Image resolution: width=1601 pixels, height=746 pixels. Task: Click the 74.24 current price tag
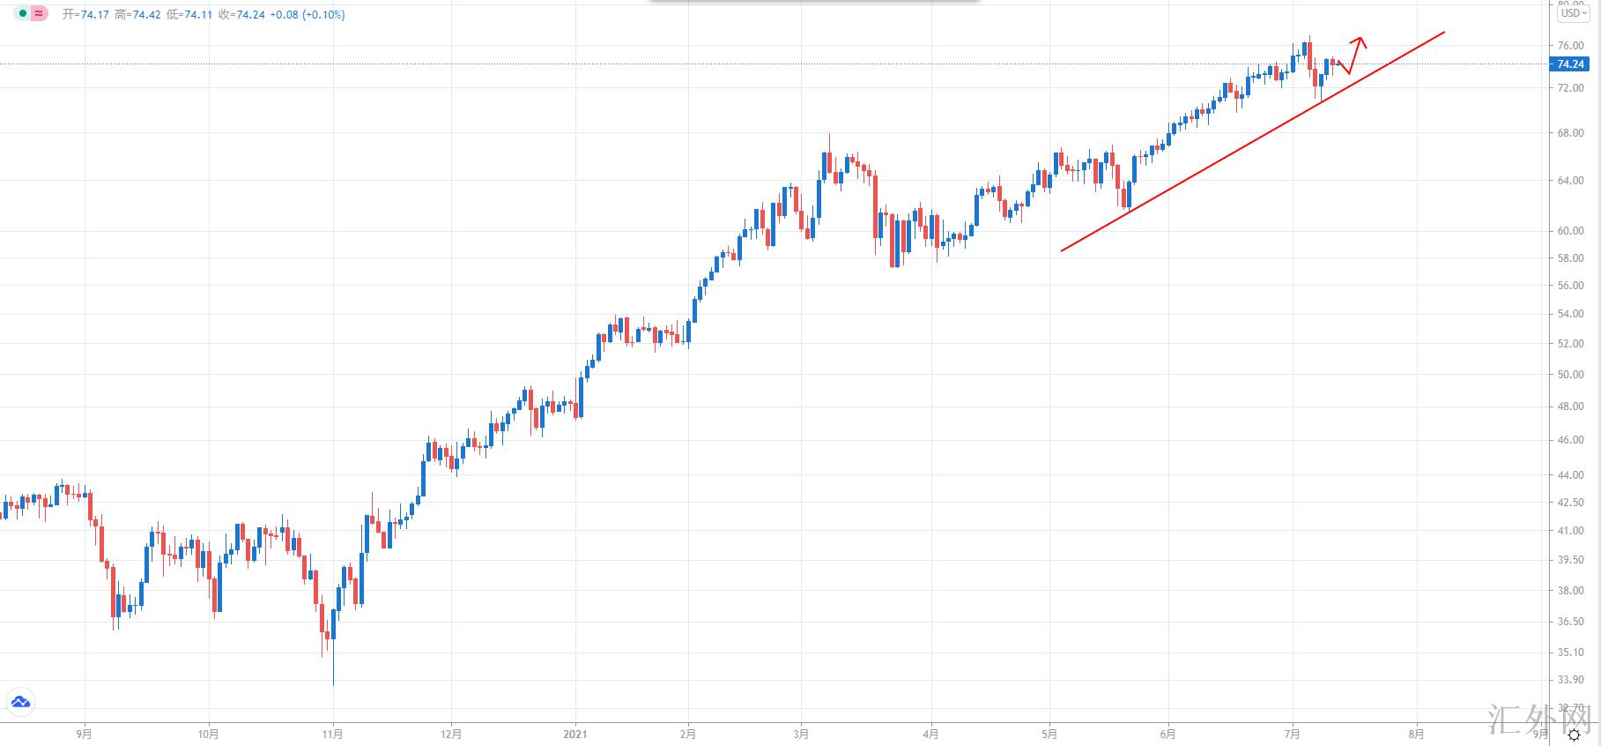[x=1570, y=64]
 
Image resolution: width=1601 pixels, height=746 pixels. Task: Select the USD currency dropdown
[x=1573, y=13]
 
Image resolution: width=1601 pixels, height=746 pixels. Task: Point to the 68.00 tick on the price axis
[x=1570, y=133]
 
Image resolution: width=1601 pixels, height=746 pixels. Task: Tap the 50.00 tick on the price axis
[x=1570, y=375]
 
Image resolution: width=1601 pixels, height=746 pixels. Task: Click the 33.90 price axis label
[x=1570, y=680]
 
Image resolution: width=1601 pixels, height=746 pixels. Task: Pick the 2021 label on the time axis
[x=575, y=734]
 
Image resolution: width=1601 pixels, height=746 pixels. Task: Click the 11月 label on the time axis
[x=333, y=734]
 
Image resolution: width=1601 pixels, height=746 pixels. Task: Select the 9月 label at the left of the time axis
[x=85, y=734]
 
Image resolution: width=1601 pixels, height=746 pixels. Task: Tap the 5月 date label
[x=1049, y=734]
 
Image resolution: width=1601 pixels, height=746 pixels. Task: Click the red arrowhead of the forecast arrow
[x=1361, y=40]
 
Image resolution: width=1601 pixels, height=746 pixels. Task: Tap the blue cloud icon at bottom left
[x=19, y=702]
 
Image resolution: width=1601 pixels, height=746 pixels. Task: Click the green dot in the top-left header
[x=23, y=14]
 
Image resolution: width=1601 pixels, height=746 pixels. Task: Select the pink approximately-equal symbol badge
[x=39, y=14]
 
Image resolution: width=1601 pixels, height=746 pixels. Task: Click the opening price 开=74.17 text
[x=85, y=15]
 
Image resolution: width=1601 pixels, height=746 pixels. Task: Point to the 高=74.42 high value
[x=137, y=15]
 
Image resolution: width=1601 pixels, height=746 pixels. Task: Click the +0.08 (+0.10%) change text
[x=308, y=15]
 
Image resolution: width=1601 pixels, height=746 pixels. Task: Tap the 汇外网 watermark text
[x=1541, y=720]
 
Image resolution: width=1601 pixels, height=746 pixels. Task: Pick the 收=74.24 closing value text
[x=241, y=15]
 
